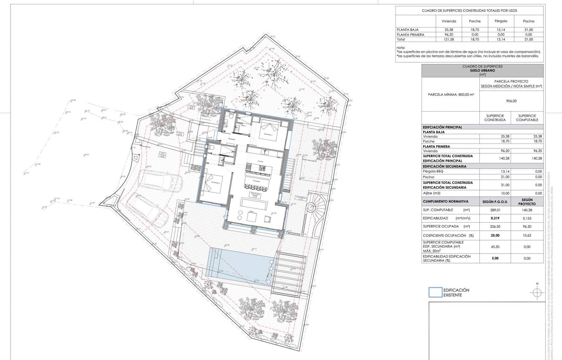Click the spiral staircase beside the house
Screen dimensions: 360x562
pyautogui.click(x=311, y=207)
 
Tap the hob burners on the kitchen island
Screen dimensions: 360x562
pyautogui.click(x=262, y=168)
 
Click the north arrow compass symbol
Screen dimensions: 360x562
pyautogui.click(x=537, y=292)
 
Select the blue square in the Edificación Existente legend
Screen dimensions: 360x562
pyautogui.click(x=435, y=293)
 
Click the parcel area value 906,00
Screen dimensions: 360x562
pyautogui.click(x=511, y=101)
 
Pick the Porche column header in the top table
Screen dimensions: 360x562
pyautogui.click(x=475, y=21)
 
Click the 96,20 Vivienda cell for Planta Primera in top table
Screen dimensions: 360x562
pyautogui.click(x=449, y=35)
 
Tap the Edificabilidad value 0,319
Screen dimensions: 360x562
pyautogui.click(x=495, y=218)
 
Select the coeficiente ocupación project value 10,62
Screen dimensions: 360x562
pyautogui.click(x=527, y=236)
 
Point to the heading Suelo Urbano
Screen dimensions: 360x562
pyautogui.click(x=483, y=71)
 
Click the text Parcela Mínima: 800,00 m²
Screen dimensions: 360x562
pyautogui.click(x=451, y=95)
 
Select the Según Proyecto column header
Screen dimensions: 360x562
pyautogui.click(x=527, y=202)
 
